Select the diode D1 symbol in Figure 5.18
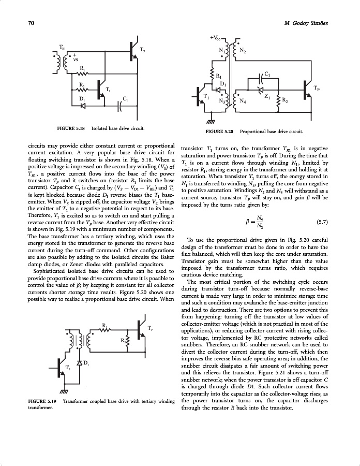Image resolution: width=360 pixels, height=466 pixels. tap(83, 106)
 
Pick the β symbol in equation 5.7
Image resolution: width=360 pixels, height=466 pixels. tap(249, 223)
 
